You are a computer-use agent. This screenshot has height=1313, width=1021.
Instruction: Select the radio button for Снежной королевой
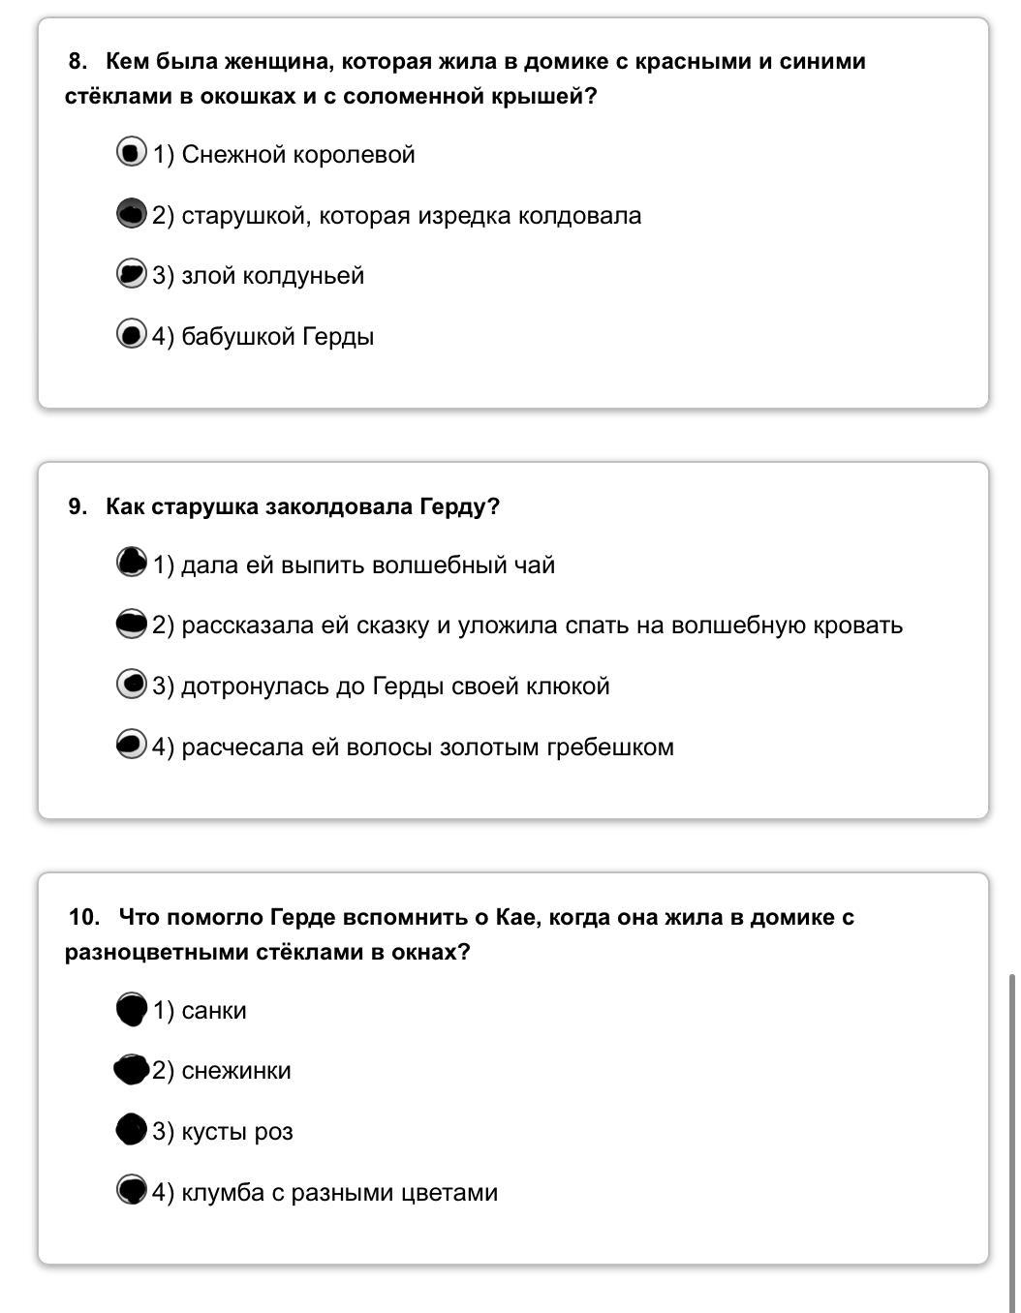pyautogui.click(x=131, y=153)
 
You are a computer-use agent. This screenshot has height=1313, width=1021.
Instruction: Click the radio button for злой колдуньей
pyautogui.click(x=131, y=274)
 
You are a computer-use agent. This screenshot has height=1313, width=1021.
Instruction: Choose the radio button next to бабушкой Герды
pyautogui.click(x=131, y=335)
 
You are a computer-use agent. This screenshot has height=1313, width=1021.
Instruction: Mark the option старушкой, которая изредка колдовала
pyautogui.click(x=131, y=214)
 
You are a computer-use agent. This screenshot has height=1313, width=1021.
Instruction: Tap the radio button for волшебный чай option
pyautogui.click(x=131, y=563)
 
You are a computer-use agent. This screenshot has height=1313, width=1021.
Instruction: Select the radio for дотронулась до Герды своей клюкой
pyautogui.click(x=131, y=685)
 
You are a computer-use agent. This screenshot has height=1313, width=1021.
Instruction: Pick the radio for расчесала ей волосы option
pyautogui.click(x=131, y=745)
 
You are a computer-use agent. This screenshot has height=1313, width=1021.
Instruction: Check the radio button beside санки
pyautogui.click(x=131, y=1009)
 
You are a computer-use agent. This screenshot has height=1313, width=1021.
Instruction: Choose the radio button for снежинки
pyautogui.click(x=131, y=1070)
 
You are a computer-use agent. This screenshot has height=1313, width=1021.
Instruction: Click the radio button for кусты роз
pyautogui.click(x=131, y=1130)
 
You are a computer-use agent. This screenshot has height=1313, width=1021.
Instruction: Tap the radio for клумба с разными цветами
pyautogui.click(x=131, y=1190)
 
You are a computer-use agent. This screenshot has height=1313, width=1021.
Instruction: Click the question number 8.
pyautogui.click(x=77, y=62)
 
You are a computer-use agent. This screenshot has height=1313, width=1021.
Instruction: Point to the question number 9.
pyautogui.click(x=77, y=507)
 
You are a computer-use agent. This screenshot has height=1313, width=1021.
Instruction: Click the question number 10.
pyautogui.click(x=84, y=917)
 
